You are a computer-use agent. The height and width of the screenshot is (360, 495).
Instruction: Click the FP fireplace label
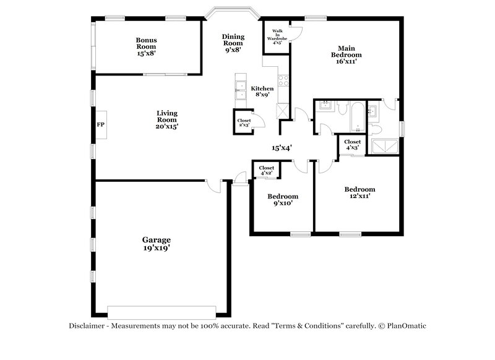(100, 125)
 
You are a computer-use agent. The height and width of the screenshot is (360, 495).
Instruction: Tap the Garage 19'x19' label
(156, 244)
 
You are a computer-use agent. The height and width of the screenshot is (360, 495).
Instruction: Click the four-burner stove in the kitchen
(283, 80)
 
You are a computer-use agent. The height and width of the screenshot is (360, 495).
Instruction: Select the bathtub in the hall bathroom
(358, 118)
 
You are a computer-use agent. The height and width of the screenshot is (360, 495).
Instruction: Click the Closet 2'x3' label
(244, 122)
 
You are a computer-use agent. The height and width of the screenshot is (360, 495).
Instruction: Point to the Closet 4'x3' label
(352, 145)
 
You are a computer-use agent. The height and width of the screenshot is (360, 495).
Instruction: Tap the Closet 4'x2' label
(267, 170)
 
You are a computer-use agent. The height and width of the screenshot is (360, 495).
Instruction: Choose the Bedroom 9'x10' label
(282, 199)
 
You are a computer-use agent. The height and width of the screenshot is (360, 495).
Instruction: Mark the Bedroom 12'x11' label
(359, 192)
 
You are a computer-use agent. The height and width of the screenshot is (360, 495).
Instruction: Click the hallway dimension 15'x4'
(282, 148)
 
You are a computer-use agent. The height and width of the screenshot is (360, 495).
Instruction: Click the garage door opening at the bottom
(161, 311)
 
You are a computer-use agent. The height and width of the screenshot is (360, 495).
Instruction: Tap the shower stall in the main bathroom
(384, 146)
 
